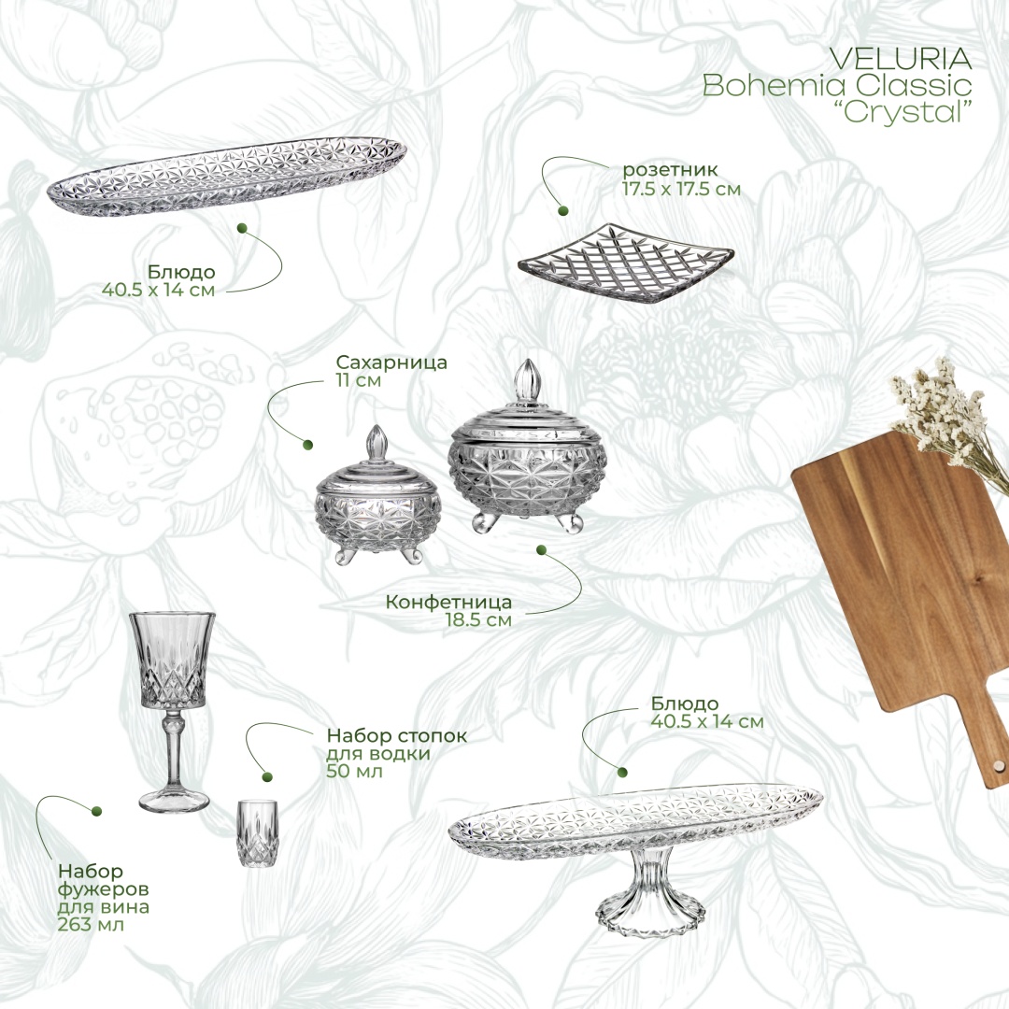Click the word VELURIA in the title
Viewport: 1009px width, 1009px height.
901,59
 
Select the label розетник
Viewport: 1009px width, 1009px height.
669,171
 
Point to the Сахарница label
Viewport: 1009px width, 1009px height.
391,362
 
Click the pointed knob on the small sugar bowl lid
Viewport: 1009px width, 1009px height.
376,442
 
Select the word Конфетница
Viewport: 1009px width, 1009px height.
448,603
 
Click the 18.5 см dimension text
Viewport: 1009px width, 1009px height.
478,620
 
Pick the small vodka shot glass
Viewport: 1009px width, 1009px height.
257,832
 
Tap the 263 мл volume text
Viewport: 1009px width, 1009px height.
91,925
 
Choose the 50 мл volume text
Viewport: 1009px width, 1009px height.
355,770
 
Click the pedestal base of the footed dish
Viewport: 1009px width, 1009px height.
650,900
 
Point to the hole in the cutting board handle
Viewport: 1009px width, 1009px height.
998,766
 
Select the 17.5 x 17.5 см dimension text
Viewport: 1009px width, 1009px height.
681,189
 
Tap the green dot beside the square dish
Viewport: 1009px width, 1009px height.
563,210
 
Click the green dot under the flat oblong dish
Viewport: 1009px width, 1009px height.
243,229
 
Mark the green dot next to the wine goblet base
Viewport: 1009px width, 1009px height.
97,812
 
